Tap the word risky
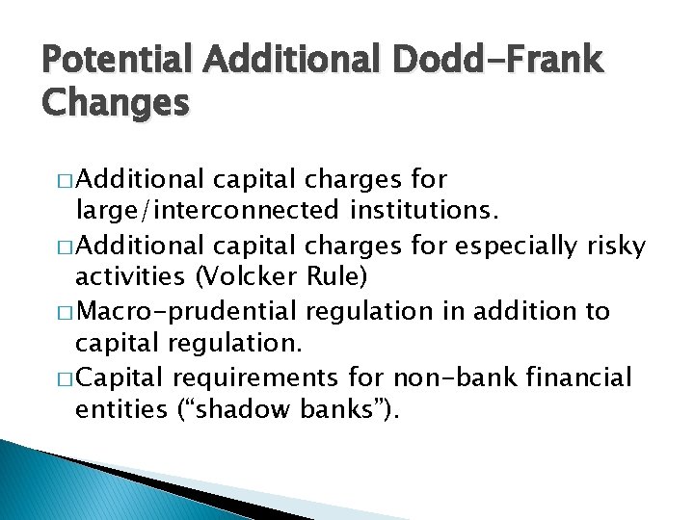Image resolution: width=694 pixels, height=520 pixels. pyautogui.click(x=614, y=247)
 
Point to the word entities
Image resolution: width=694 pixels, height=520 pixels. pyautogui.click(x=121, y=410)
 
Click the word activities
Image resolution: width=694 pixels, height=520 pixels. pyautogui.click(x=132, y=277)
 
